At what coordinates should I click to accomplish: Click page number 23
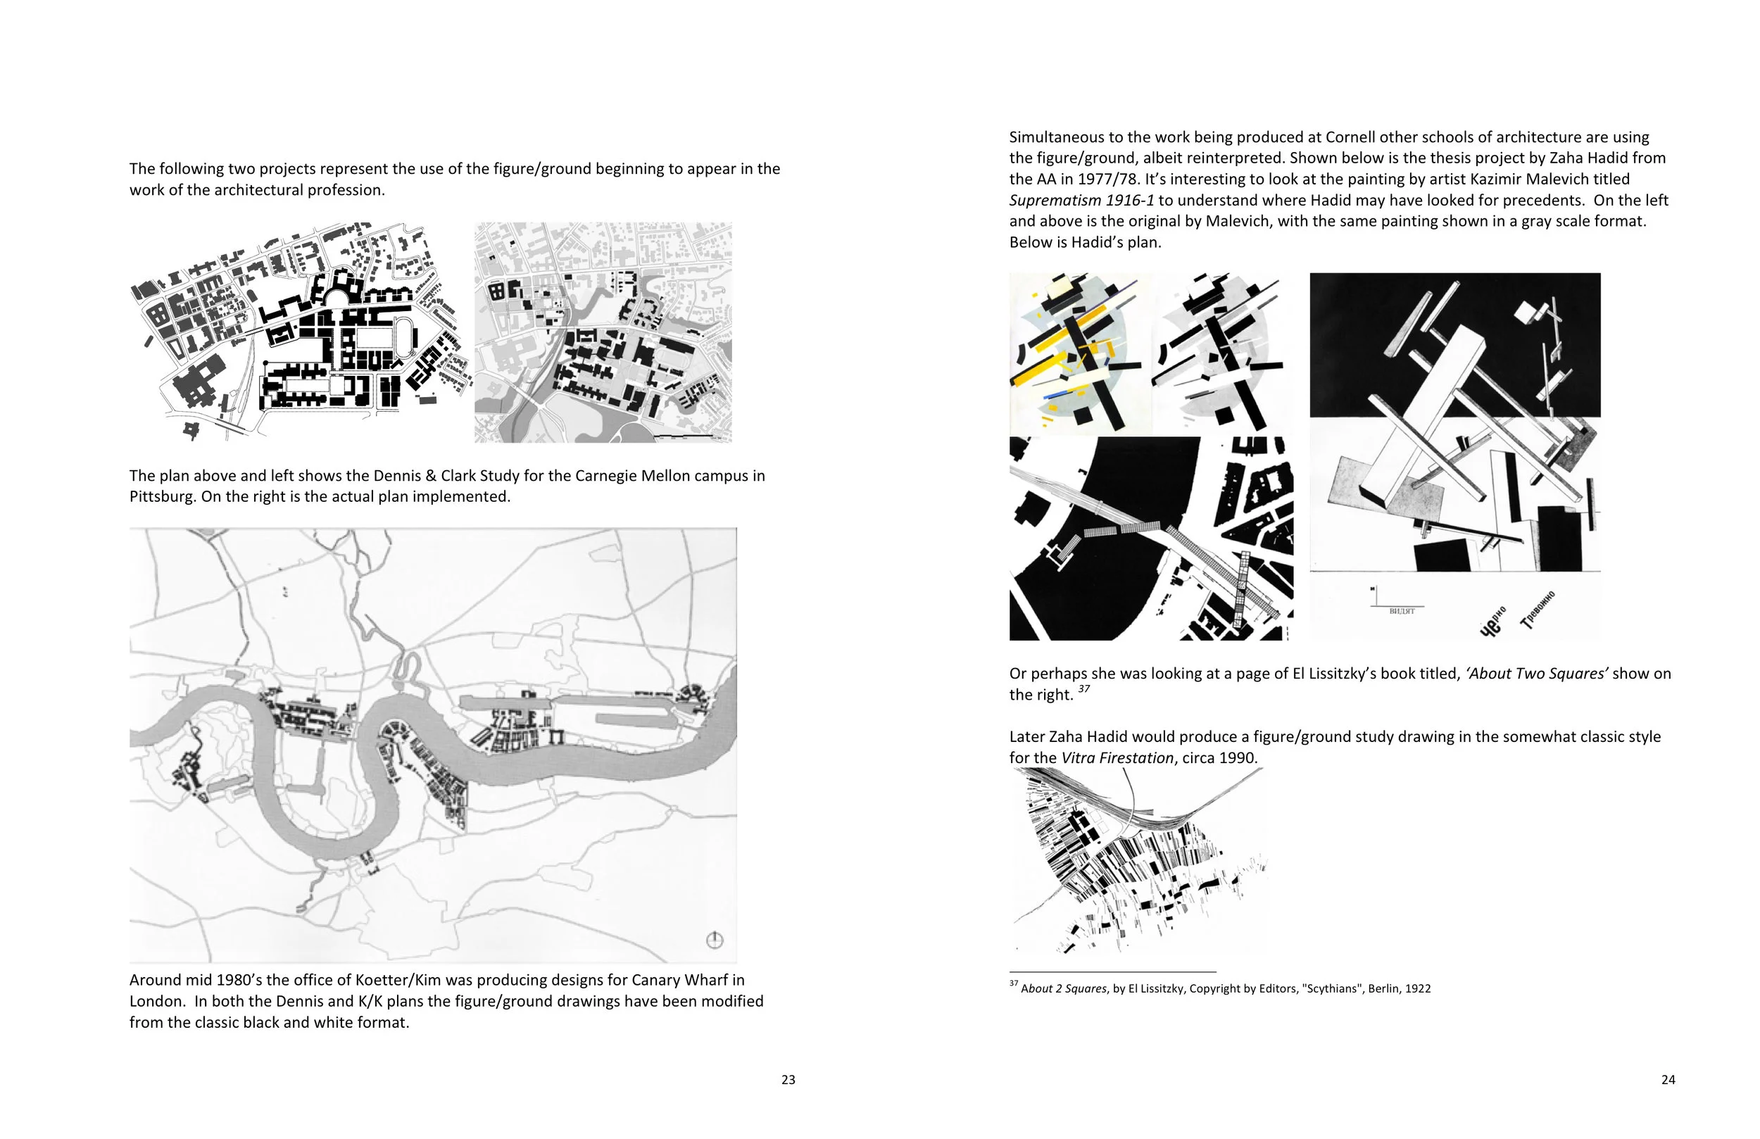click(x=788, y=1080)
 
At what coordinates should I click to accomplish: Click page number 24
click(x=1668, y=1080)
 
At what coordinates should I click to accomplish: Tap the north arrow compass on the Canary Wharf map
click(x=715, y=940)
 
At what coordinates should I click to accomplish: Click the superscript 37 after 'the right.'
click(x=1083, y=689)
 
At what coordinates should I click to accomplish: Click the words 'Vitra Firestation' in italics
click(x=1117, y=758)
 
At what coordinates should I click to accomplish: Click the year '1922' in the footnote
click(x=1418, y=989)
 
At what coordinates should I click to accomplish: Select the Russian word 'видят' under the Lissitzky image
click(x=1402, y=611)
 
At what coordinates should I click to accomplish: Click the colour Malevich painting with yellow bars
click(x=1080, y=353)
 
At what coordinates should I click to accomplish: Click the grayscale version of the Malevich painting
click(x=1221, y=353)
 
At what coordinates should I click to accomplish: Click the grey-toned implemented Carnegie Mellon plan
click(x=603, y=333)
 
